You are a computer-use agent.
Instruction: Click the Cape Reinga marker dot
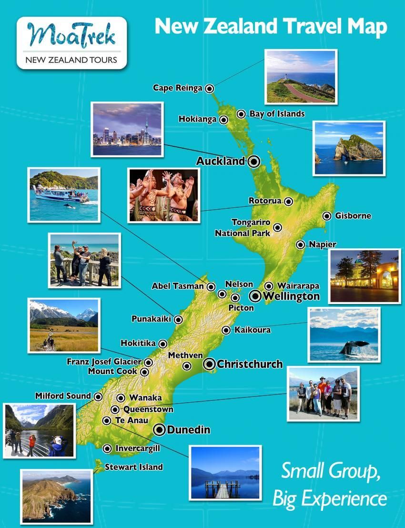209,88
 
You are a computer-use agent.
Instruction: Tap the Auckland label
220,161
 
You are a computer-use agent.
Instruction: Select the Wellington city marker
255,296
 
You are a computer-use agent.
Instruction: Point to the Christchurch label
250,364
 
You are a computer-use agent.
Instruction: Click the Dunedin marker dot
159,430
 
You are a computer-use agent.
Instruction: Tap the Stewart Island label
133,467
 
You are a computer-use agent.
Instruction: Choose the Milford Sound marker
98,396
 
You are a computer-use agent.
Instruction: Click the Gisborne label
353,216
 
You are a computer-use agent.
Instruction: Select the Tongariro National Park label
243,228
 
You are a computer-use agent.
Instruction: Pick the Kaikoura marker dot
226,330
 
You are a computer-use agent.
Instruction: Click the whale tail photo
354,346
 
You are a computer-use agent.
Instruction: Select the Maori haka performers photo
163,195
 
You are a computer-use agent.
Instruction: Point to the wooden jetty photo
225,473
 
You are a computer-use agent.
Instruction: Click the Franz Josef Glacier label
103,362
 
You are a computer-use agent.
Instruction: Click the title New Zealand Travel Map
271,27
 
